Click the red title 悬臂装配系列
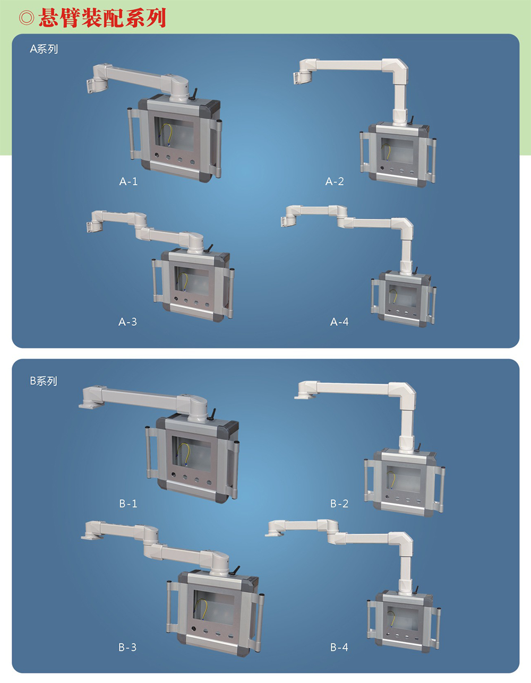(x=102, y=18)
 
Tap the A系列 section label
(x=44, y=49)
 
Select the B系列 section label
(x=44, y=381)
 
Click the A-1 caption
(x=129, y=181)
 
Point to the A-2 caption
(x=335, y=181)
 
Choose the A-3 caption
(x=127, y=322)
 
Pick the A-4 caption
(x=339, y=322)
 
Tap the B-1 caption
(x=129, y=504)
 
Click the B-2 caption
(x=339, y=504)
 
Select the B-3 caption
(x=127, y=647)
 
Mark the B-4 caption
(x=339, y=647)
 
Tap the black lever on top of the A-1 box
(x=194, y=94)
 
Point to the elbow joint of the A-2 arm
(x=396, y=70)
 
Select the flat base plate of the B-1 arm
(x=91, y=404)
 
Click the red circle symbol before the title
(x=27, y=18)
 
